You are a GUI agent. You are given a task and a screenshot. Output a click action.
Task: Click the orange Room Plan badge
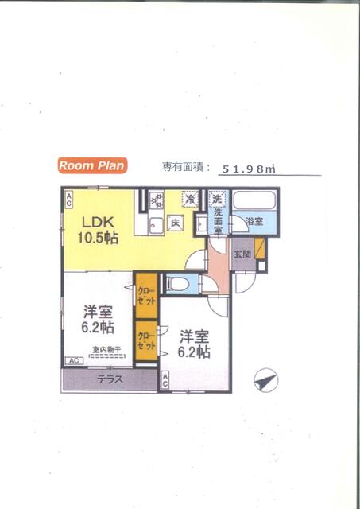coord(91,165)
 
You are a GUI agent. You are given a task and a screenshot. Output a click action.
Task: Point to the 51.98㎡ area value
coord(248,168)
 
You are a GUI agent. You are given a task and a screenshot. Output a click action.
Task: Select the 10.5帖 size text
coord(98,237)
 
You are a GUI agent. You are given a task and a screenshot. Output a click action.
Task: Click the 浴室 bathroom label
coord(254,221)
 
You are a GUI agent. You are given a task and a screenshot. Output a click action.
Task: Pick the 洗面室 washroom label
coord(217,219)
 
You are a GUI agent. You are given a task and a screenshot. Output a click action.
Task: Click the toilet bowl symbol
coord(179,283)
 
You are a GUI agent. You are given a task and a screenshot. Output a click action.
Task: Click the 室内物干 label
coord(106,350)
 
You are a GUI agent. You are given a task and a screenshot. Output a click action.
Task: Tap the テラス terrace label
coord(110,379)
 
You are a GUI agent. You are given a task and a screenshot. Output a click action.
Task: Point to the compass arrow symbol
coord(265,381)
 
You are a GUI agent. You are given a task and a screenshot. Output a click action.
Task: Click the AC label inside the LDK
coord(69,195)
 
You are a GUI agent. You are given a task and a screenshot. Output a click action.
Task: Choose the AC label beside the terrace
coord(165,380)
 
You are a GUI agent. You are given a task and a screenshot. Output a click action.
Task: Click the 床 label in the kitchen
coord(176,223)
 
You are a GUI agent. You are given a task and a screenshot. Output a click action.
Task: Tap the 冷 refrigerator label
coord(190,199)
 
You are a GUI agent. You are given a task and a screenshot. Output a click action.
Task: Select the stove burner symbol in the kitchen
coord(155,198)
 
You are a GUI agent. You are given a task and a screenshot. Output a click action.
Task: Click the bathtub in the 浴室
coord(255,201)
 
